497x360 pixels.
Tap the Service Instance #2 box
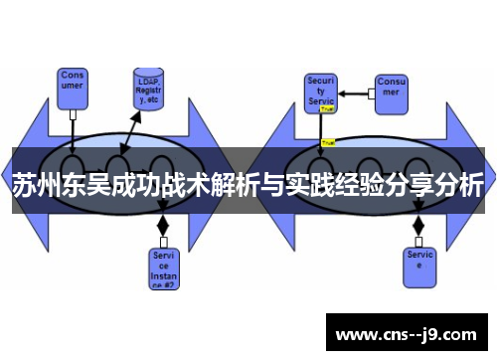coord(165,267)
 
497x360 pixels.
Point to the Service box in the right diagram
coord(419,262)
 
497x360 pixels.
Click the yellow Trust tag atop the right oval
coord(328,143)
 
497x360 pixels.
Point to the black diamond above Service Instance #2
coord(163,226)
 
